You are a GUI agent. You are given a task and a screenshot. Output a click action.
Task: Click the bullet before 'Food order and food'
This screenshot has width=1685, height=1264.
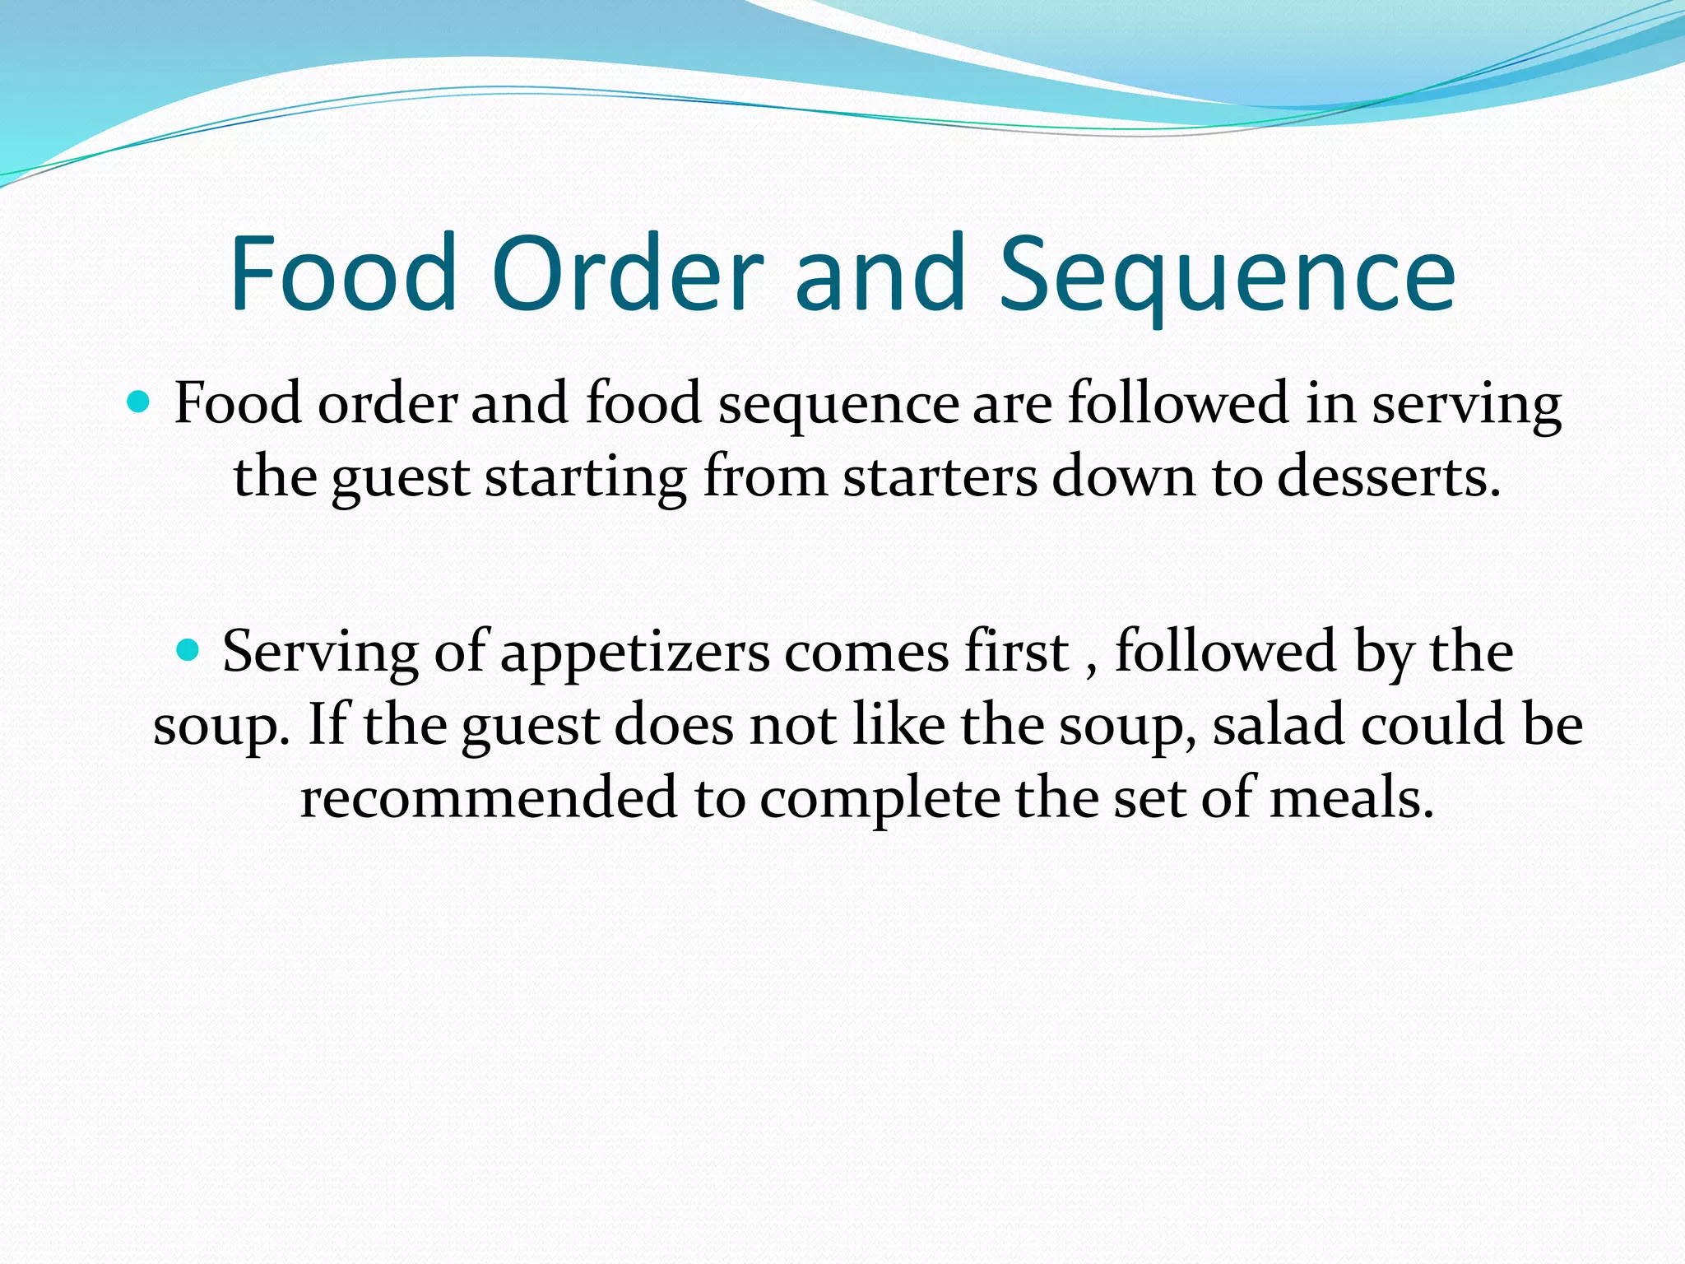(x=139, y=402)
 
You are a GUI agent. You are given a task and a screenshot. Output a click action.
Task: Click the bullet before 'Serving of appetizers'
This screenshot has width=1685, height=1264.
(x=188, y=651)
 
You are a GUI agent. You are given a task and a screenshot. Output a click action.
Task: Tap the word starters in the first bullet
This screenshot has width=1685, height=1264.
(x=940, y=477)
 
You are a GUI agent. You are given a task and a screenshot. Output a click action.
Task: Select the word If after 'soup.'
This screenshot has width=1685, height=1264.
(x=327, y=725)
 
